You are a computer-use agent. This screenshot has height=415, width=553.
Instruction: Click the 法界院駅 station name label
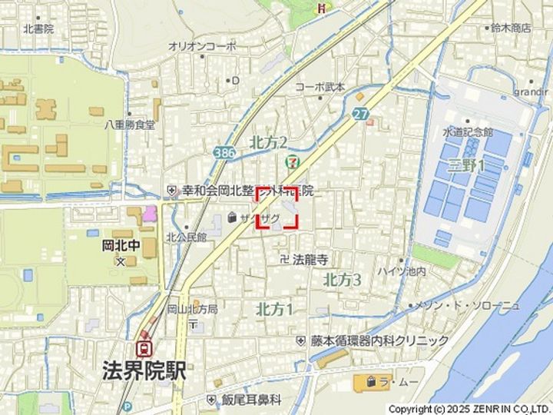pyautogui.click(x=144, y=370)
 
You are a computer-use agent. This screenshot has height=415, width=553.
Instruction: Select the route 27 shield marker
pyautogui.click(x=362, y=114)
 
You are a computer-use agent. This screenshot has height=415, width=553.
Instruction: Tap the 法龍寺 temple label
pyautogui.click(x=310, y=260)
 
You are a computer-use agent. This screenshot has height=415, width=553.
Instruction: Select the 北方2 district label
pyautogui.click(x=268, y=142)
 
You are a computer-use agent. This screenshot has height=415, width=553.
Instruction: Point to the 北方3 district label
pyautogui.click(x=342, y=280)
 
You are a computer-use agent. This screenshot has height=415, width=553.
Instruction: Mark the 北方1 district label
pyautogui.click(x=274, y=309)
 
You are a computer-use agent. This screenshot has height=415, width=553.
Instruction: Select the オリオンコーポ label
pyautogui.click(x=202, y=46)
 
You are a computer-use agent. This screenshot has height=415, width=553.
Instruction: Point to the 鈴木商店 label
pyautogui.click(x=510, y=28)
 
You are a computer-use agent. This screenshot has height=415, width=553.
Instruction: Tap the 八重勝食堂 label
pyautogui.click(x=130, y=124)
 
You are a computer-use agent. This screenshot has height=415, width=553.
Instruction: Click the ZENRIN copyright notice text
pyautogui.click(x=469, y=409)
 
